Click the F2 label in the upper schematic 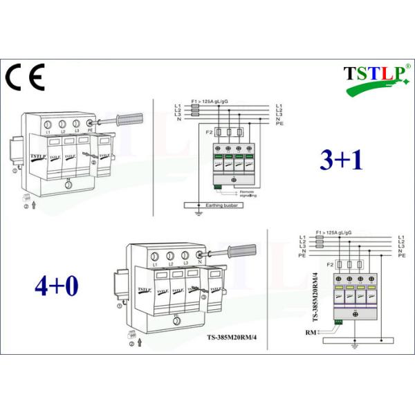209,129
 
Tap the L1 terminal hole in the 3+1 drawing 48,124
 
